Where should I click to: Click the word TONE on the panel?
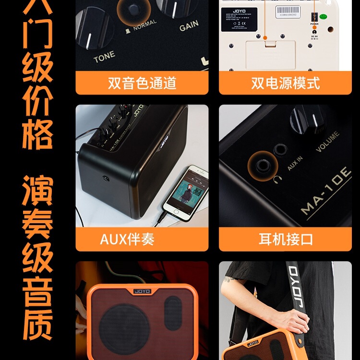104,57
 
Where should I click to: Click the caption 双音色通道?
142,83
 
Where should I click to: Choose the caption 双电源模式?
285,83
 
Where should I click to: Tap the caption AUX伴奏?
127,239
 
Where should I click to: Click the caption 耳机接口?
285,239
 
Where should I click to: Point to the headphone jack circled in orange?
263,166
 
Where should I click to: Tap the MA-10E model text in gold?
326,190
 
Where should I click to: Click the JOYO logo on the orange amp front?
142,291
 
